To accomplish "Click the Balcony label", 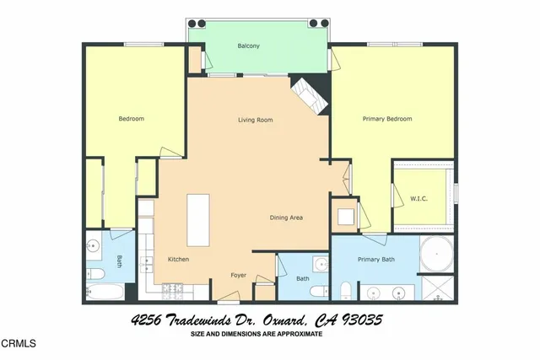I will click(248, 46).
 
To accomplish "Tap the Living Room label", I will click(255, 120).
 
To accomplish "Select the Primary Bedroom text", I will click(387, 119).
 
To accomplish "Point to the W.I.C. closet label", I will click(419, 198).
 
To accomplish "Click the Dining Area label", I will click(286, 218).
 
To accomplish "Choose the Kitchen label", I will click(178, 259).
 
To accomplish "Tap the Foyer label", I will click(239, 275).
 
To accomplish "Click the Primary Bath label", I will click(376, 259).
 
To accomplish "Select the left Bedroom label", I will click(131, 119).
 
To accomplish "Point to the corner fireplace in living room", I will click(308, 95).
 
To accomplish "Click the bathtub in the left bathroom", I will click(105, 293).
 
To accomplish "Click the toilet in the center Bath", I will click(319, 292).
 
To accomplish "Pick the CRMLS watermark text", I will click(20, 344).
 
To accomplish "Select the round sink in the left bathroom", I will click(93, 247).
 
